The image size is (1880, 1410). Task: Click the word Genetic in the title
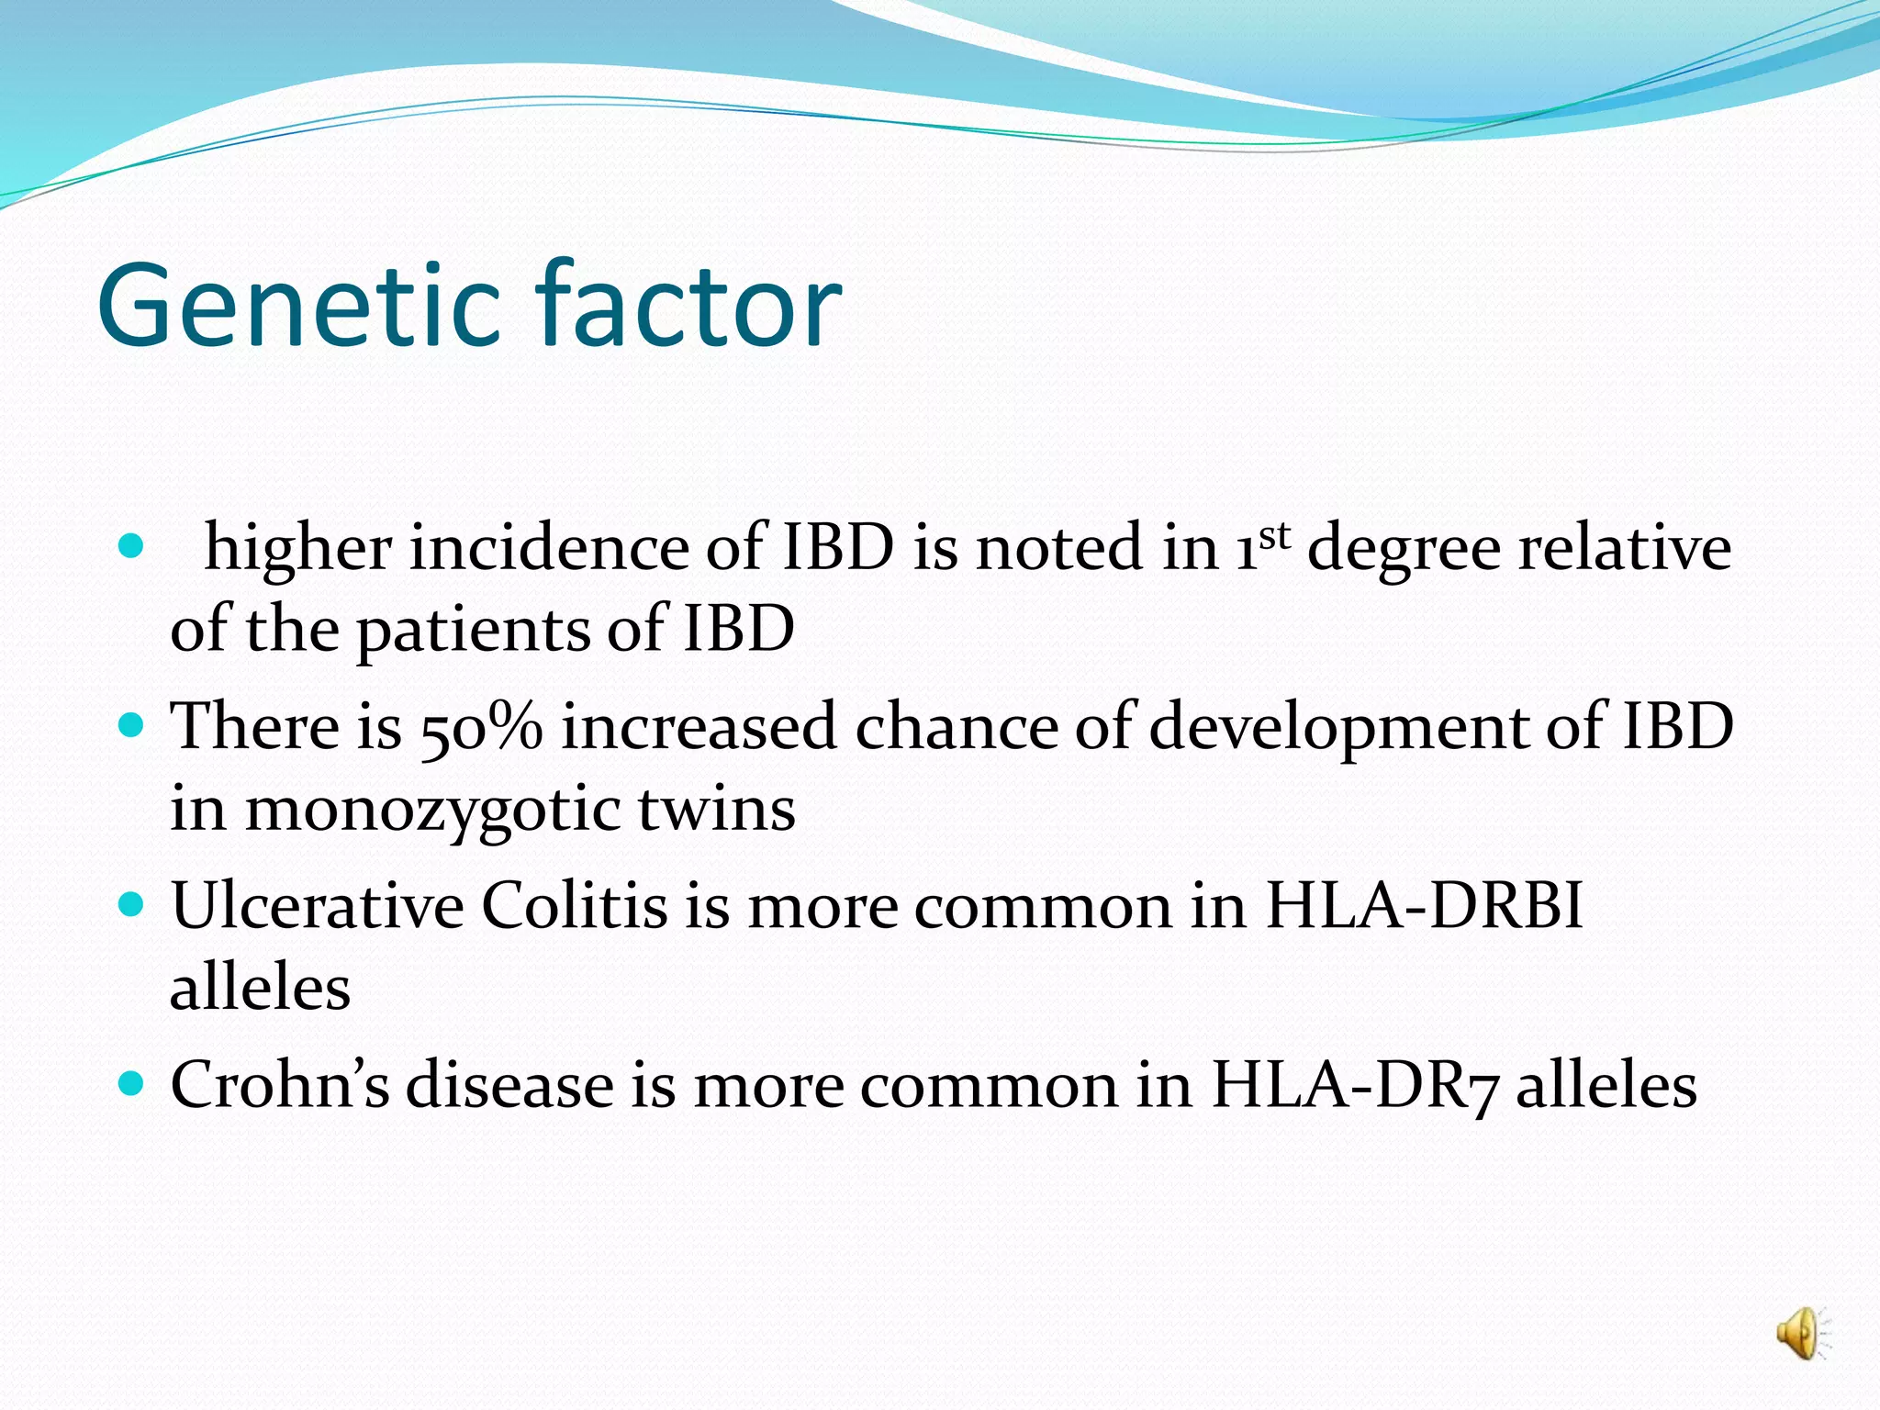coord(299,306)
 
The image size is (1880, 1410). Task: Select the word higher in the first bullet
coord(297,549)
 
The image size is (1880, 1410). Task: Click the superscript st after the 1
coord(1275,536)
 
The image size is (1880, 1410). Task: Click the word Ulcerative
coord(317,906)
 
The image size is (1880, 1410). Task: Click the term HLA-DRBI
coord(1424,906)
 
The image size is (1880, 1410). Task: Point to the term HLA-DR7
coord(1355,1086)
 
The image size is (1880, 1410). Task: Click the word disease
coord(509,1085)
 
